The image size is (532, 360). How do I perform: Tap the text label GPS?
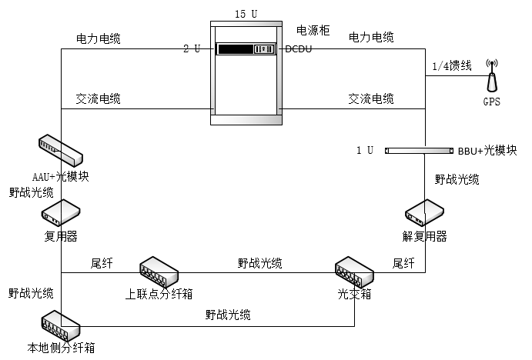pyautogui.click(x=491, y=101)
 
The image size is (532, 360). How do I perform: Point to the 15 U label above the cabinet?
pyautogui.click(x=245, y=13)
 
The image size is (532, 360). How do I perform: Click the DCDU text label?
pyautogui.click(x=299, y=48)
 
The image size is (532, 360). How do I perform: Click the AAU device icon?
pyautogui.click(x=60, y=151)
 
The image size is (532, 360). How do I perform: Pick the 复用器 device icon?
pyautogui.click(x=61, y=212)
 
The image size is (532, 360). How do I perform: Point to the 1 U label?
pyautogui.click(x=364, y=150)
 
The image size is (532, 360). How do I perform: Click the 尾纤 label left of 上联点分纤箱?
pyautogui.click(x=102, y=264)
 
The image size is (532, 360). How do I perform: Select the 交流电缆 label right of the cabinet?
pyautogui.click(x=371, y=98)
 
